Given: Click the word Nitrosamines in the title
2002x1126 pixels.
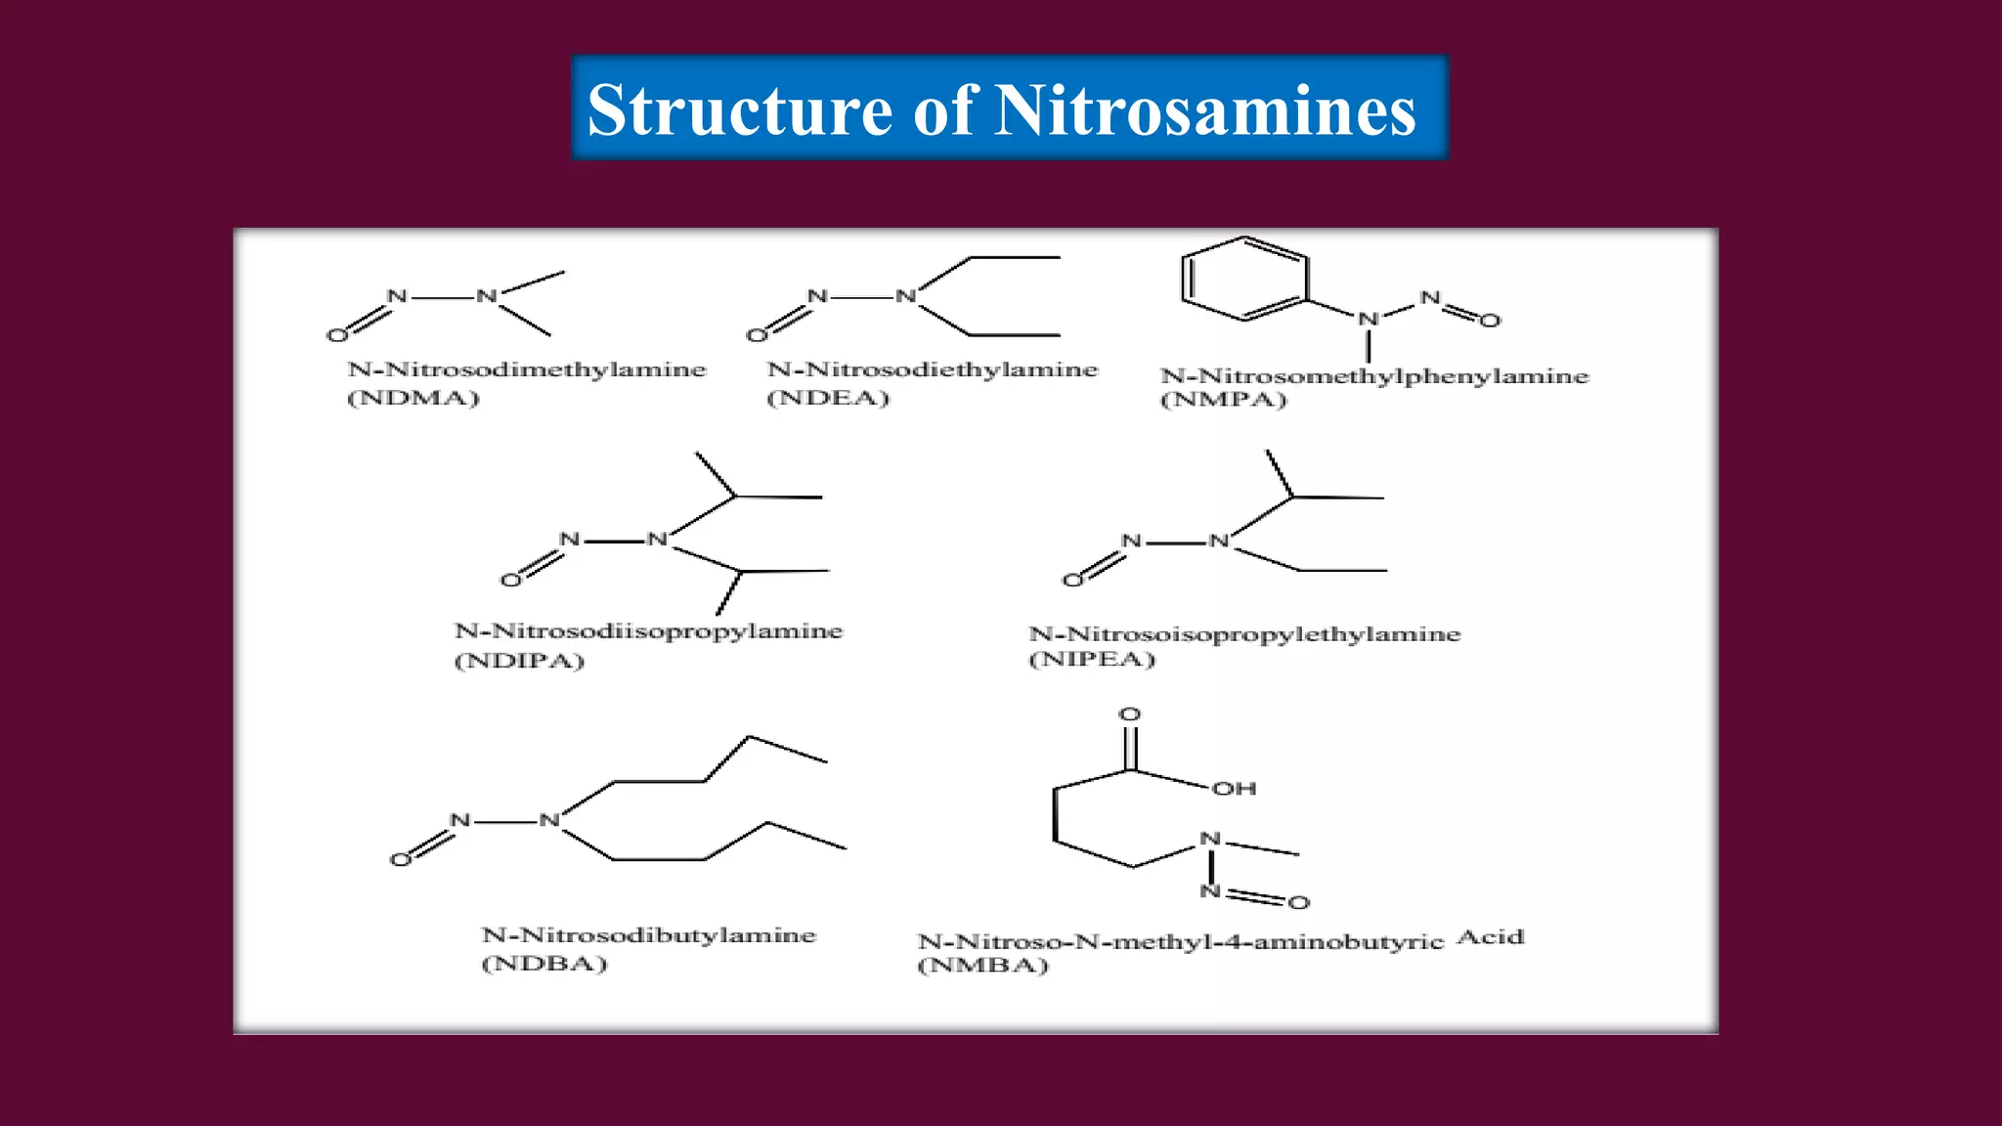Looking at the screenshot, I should tap(1205, 109).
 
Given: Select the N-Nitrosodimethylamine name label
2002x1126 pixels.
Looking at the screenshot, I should tap(526, 369).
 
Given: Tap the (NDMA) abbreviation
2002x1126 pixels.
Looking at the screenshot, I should tap(413, 398).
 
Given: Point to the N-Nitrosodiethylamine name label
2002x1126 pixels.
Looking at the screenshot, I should tap(933, 369).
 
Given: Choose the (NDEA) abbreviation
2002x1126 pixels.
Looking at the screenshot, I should tap(828, 398).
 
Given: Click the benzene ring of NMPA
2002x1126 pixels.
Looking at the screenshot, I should tap(1243, 278).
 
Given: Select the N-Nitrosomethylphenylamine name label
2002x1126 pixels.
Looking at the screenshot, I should tap(1374, 376).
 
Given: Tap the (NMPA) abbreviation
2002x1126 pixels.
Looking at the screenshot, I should tap(1223, 400).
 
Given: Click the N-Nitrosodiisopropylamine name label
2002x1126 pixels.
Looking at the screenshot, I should tap(648, 631).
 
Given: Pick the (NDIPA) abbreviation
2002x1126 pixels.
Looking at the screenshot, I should tap(519, 661).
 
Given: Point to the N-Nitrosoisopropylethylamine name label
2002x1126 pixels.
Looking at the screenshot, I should tap(1244, 634).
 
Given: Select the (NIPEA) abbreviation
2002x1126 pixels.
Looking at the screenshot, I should tap(1092, 660).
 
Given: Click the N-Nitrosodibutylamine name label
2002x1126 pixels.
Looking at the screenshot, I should tap(648, 935).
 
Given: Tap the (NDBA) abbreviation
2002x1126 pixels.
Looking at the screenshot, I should tap(544, 964).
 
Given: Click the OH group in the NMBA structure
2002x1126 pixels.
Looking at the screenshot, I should tap(1234, 789).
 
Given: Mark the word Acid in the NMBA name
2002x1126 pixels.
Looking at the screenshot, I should tap(1491, 937).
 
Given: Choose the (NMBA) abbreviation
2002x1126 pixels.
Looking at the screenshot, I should tap(982, 966).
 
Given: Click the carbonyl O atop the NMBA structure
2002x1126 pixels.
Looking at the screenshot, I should tap(1130, 715).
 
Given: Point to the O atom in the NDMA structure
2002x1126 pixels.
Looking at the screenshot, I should tap(337, 335).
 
